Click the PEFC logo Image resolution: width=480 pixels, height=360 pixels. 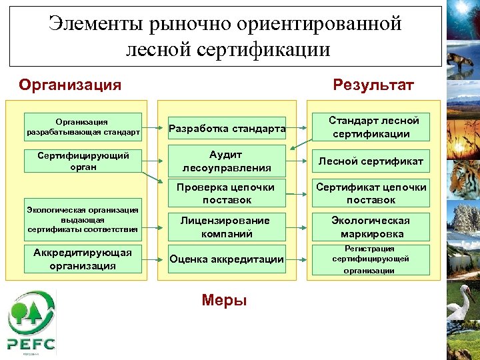31,322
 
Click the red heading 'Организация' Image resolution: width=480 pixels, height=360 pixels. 70,85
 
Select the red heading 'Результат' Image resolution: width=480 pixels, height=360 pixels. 373,85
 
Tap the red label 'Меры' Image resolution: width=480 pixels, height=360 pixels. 224,301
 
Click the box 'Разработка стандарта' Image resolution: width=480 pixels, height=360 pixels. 227,128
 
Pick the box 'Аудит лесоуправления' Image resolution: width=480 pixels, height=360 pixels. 227,161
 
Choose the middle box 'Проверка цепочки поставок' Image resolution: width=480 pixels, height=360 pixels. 227,193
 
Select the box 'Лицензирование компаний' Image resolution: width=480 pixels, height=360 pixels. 227,227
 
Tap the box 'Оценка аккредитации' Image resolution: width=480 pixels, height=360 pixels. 227,259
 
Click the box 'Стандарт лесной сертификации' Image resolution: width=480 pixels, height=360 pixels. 372,127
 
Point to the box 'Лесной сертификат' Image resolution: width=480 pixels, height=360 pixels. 371,161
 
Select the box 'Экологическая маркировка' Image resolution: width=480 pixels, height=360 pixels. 371,227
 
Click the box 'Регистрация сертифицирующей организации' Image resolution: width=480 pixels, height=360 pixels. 371,259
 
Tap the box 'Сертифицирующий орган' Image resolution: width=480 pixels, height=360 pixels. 83,161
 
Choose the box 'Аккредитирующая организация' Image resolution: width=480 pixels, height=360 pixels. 83,259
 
